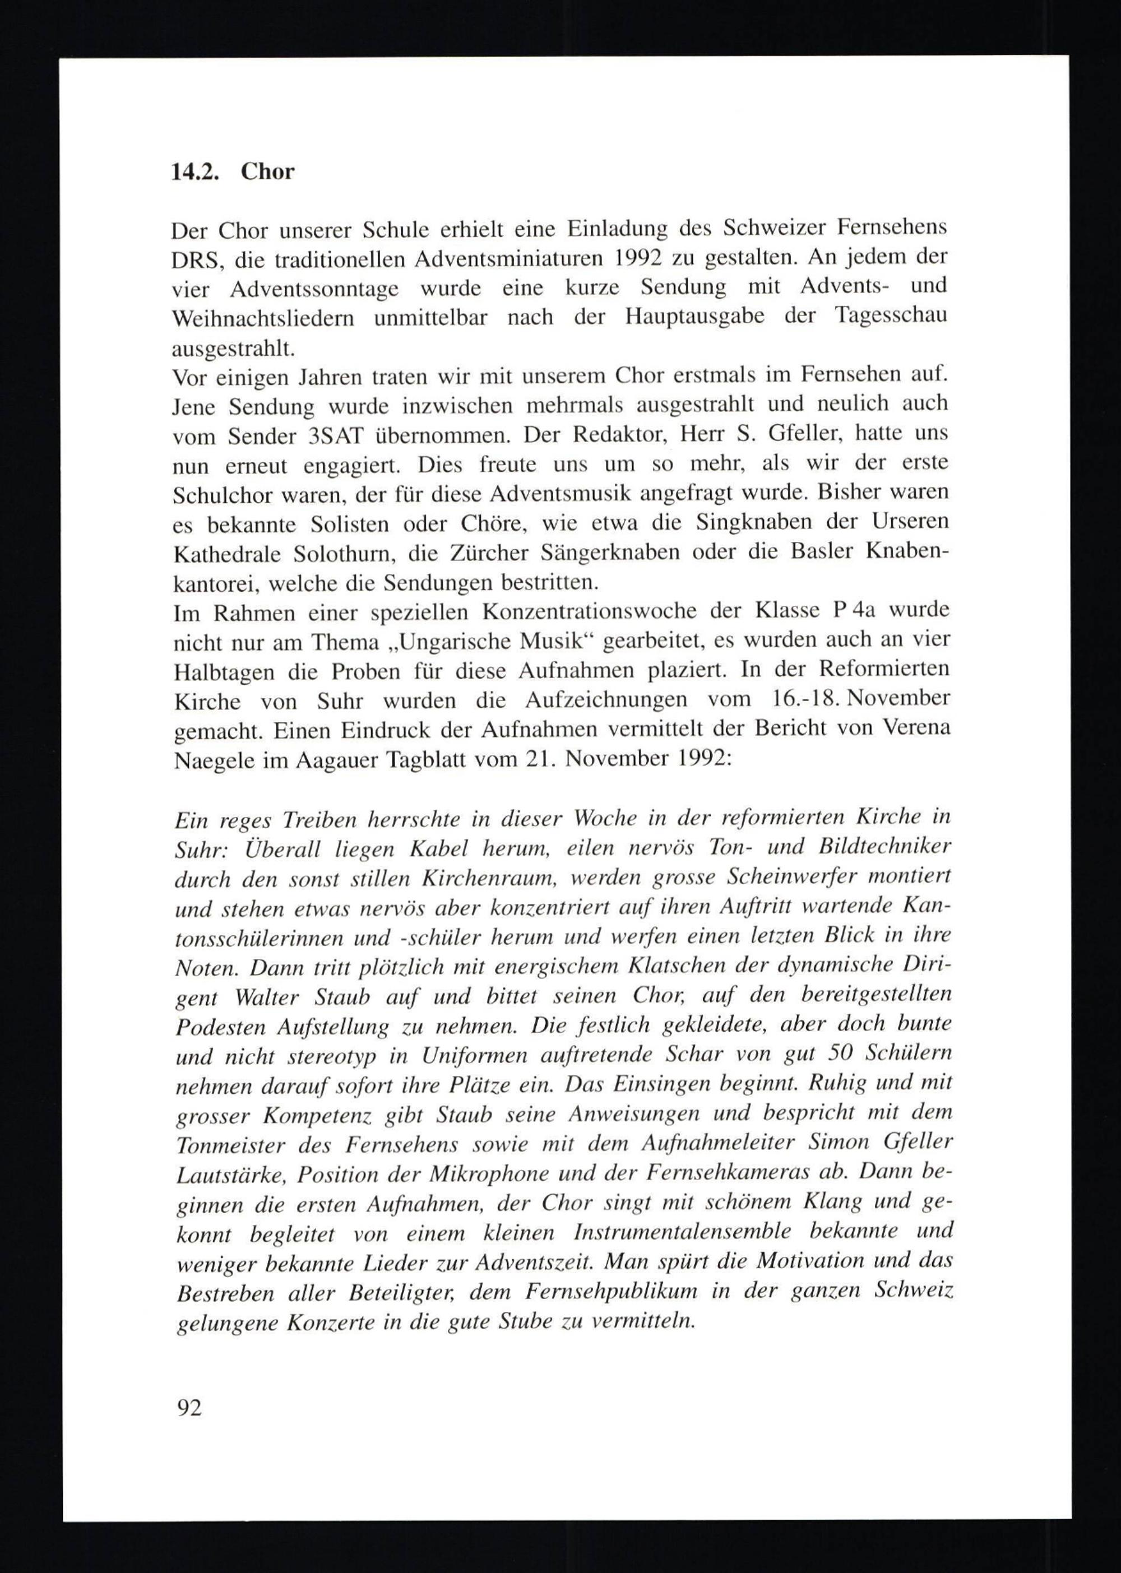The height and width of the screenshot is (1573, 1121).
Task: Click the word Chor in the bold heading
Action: pyautogui.click(x=267, y=172)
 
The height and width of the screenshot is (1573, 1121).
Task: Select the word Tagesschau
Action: pyautogui.click(x=891, y=316)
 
